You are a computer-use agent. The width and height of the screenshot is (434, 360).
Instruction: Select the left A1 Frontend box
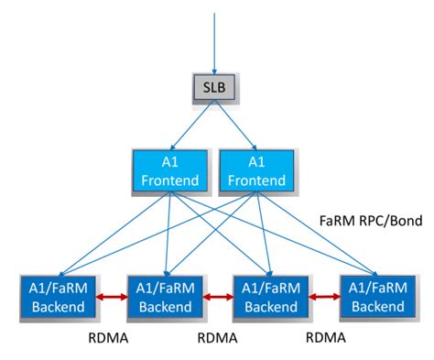pos(168,171)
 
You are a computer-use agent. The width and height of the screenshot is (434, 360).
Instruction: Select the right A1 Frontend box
pos(251,171)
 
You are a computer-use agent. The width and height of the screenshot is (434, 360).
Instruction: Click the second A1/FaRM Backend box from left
pos(161,296)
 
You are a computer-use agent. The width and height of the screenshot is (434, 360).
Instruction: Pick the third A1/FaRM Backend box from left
pos(271,296)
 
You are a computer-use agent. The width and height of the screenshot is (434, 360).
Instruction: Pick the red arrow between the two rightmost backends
pos(326,296)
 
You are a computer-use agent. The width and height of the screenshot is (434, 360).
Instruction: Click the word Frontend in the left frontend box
pos(168,180)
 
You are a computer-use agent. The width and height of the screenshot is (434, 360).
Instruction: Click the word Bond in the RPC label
pos(400,224)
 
